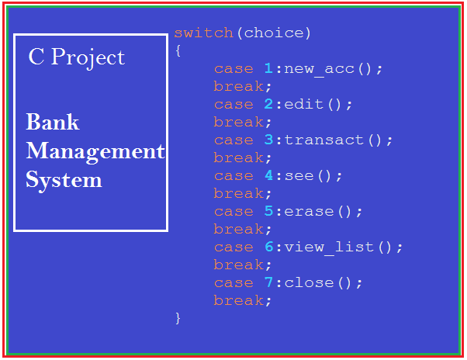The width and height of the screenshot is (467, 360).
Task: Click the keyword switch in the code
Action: (x=203, y=33)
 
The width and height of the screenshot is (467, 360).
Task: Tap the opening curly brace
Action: (x=178, y=50)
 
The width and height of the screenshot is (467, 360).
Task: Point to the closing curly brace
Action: (x=178, y=317)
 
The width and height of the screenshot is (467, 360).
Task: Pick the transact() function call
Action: (x=338, y=140)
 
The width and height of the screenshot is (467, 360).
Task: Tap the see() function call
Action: (x=313, y=176)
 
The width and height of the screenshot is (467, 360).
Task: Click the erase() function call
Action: (x=323, y=212)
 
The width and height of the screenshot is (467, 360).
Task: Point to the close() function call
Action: (x=323, y=283)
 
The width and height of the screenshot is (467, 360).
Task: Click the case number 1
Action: (x=268, y=69)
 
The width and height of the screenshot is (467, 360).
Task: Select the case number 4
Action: (x=268, y=176)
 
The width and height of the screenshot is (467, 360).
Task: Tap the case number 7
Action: (x=268, y=283)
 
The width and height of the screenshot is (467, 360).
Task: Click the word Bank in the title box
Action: (x=53, y=123)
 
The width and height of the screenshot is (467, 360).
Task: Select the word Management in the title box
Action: (x=95, y=151)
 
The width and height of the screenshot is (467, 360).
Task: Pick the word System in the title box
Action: (x=64, y=180)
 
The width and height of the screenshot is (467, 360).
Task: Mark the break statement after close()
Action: (x=243, y=300)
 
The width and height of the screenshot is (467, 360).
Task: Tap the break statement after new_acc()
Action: (x=243, y=86)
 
